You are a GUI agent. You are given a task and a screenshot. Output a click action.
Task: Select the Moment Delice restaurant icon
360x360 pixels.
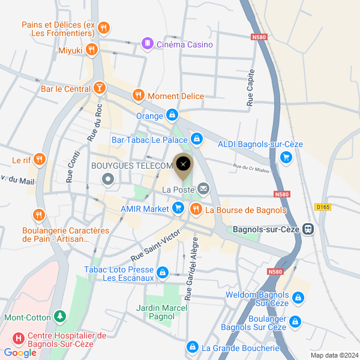click(x=138, y=95)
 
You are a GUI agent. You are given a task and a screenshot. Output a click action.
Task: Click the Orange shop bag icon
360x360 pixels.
click(x=172, y=115)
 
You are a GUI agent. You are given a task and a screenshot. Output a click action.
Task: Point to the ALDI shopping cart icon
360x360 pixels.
click(x=286, y=157)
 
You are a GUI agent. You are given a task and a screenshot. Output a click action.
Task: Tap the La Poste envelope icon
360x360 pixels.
click(x=203, y=190)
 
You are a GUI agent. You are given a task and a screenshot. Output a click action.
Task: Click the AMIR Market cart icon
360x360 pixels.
click(x=178, y=208)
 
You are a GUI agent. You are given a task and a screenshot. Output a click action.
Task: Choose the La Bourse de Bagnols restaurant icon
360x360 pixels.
click(x=196, y=209)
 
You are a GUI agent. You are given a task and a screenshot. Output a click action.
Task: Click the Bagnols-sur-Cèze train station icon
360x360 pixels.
click(x=308, y=229)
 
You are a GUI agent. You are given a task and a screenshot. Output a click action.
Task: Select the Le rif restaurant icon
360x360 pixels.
click(x=39, y=160)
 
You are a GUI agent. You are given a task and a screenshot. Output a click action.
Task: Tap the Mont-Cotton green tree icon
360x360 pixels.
click(x=59, y=316)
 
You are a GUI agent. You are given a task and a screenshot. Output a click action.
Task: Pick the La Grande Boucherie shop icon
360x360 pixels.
click(x=192, y=347)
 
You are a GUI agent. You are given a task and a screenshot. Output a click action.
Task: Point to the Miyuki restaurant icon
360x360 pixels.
click(x=92, y=50)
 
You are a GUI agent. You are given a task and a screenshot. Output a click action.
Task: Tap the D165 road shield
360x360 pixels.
click(x=322, y=207)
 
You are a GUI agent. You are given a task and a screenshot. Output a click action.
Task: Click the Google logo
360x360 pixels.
click(x=20, y=353)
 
